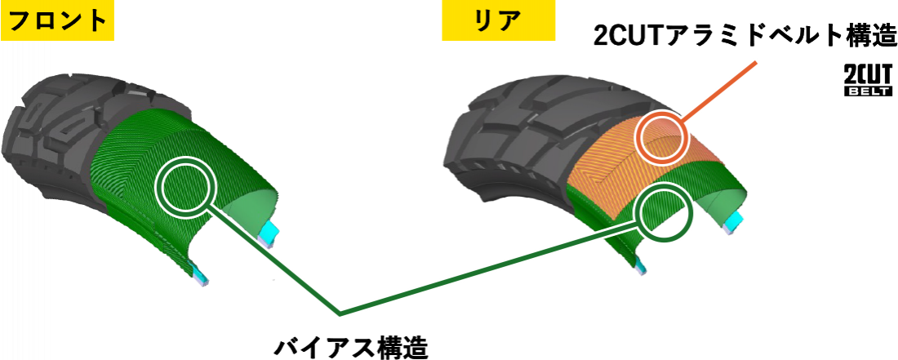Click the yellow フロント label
pos(56,20)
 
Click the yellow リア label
pos(498,20)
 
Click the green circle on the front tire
pos(187,185)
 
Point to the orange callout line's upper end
pos(758,61)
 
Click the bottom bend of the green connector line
pos(340,313)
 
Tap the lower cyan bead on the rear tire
pos(641,266)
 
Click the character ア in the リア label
pos(509,20)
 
